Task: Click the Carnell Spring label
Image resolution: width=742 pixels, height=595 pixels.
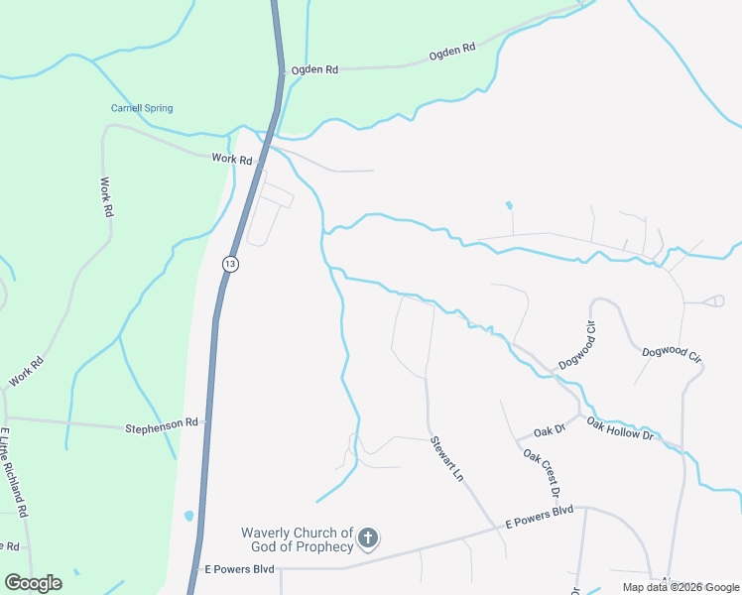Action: pos(141,108)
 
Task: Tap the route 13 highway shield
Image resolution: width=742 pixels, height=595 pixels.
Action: pos(230,264)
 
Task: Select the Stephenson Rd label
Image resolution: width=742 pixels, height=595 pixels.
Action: pos(161,426)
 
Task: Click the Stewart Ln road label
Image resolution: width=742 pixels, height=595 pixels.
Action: pos(446,459)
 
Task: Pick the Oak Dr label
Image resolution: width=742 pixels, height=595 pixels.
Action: pos(549,430)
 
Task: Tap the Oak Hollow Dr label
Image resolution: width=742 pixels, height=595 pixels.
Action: pos(620,428)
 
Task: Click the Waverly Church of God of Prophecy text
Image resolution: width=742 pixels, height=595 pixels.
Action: pos(298,539)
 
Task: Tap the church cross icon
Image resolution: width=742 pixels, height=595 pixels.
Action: pos(367,539)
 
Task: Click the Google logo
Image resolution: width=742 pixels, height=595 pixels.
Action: pos(34,582)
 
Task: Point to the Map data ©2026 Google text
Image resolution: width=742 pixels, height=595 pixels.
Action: pos(680,587)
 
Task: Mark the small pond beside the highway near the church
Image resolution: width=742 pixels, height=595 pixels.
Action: pos(188,516)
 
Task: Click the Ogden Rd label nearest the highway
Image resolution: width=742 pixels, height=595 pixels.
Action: pos(314,69)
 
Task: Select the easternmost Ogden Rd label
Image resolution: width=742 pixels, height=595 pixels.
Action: pos(452,56)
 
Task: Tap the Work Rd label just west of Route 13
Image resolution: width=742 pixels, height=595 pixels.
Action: pos(232,159)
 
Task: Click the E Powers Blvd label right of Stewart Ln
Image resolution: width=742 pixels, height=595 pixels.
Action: pos(540,516)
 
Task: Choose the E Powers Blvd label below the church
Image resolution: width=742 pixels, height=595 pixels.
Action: pos(238,570)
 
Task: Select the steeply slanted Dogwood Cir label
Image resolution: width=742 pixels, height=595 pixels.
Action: pos(575,346)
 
